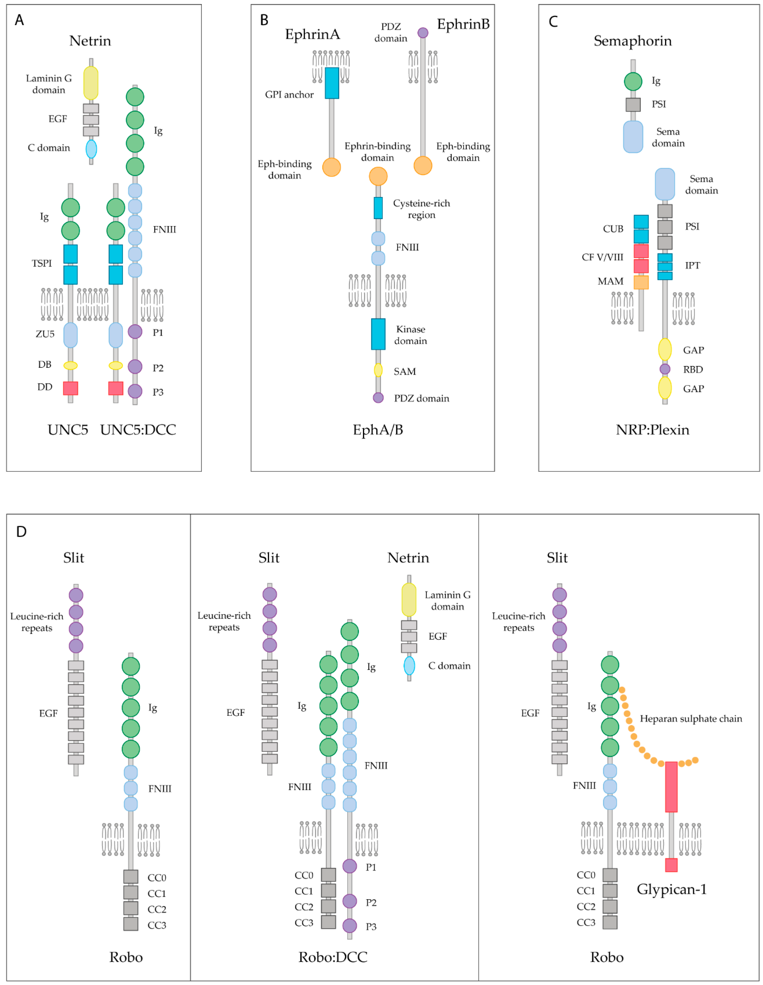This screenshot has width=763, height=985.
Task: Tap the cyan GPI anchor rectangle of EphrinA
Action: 332,83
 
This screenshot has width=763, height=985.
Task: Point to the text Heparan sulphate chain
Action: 691,718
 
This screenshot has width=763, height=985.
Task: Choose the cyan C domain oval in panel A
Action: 91,149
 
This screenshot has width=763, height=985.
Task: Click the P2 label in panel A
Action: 158,368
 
